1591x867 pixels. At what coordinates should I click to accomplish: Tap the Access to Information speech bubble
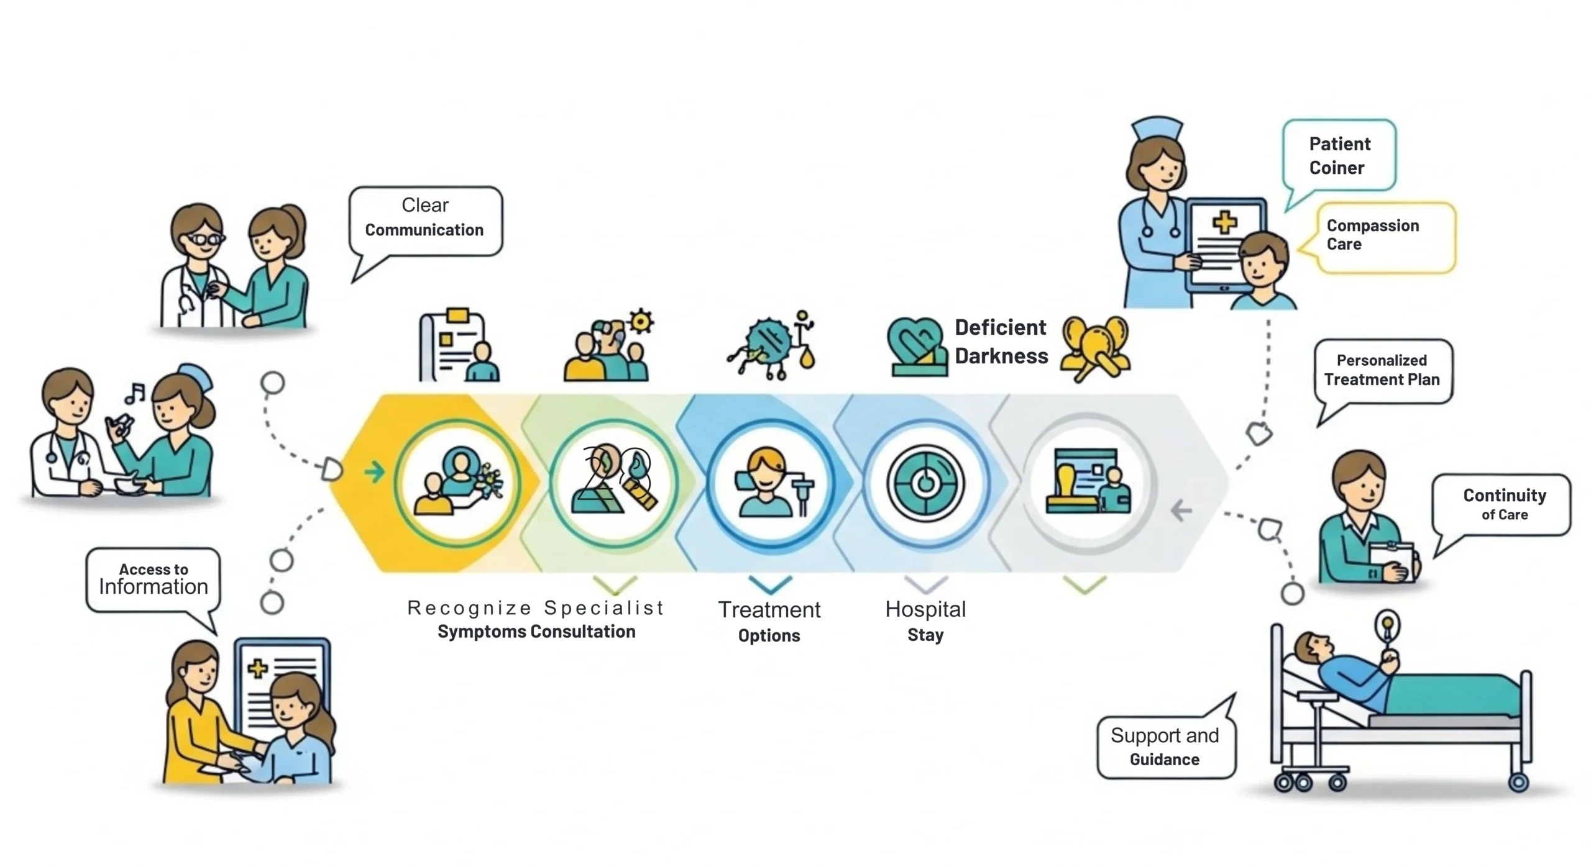(x=153, y=580)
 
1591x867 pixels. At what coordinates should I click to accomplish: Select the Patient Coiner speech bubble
(x=1339, y=155)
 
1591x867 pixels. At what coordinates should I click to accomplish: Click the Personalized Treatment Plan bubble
(x=1382, y=371)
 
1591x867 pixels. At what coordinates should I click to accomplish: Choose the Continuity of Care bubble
(x=1503, y=504)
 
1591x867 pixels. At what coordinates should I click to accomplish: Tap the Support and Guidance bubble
(x=1165, y=747)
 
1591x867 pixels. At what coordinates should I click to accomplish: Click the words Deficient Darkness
(x=1001, y=342)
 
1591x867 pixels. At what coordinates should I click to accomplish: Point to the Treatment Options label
(x=769, y=621)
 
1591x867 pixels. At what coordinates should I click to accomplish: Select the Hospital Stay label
(x=925, y=621)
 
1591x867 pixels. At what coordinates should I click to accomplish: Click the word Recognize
(x=469, y=608)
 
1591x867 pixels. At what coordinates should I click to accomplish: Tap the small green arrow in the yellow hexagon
(x=374, y=472)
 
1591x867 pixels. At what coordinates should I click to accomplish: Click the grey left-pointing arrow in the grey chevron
(x=1181, y=511)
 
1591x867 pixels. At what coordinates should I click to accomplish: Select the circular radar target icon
(x=925, y=483)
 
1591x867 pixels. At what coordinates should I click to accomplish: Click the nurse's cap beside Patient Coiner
(x=1157, y=129)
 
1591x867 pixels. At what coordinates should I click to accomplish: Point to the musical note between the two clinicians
(x=135, y=393)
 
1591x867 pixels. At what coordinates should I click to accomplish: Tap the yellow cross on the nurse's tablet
(x=1224, y=222)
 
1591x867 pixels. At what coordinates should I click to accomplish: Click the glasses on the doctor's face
(x=205, y=238)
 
